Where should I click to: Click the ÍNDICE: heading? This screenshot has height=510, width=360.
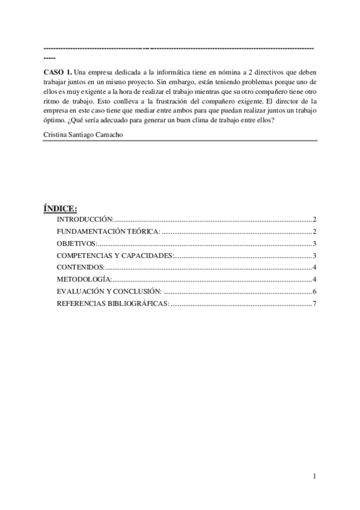pyautogui.click(x=60, y=209)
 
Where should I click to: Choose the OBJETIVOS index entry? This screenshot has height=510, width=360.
pyautogui.click(x=77, y=244)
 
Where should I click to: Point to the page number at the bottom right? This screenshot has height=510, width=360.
pyautogui.click(x=314, y=477)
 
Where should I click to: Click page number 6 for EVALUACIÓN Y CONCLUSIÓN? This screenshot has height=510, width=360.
pyautogui.click(x=314, y=291)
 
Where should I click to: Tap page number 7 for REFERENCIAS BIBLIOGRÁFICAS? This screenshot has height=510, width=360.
pyautogui.click(x=314, y=303)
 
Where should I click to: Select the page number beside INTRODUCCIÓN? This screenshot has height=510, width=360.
pyautogui.click(x=314, y=220)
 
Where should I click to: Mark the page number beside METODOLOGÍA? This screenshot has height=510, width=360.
pyautogui.click(x=314, y=279)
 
